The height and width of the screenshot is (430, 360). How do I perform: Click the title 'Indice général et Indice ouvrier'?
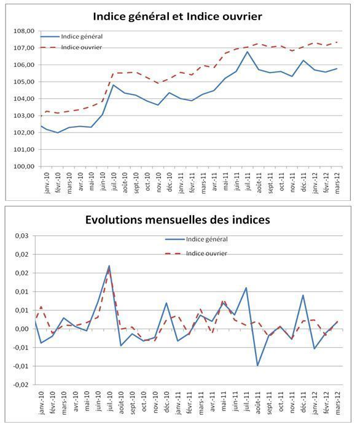[177, 16]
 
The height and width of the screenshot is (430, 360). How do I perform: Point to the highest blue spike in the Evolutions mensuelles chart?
[109, 266]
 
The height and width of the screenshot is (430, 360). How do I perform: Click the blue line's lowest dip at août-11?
[257, 365]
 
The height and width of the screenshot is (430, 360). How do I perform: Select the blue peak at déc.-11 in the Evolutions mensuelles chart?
[303, 295]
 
